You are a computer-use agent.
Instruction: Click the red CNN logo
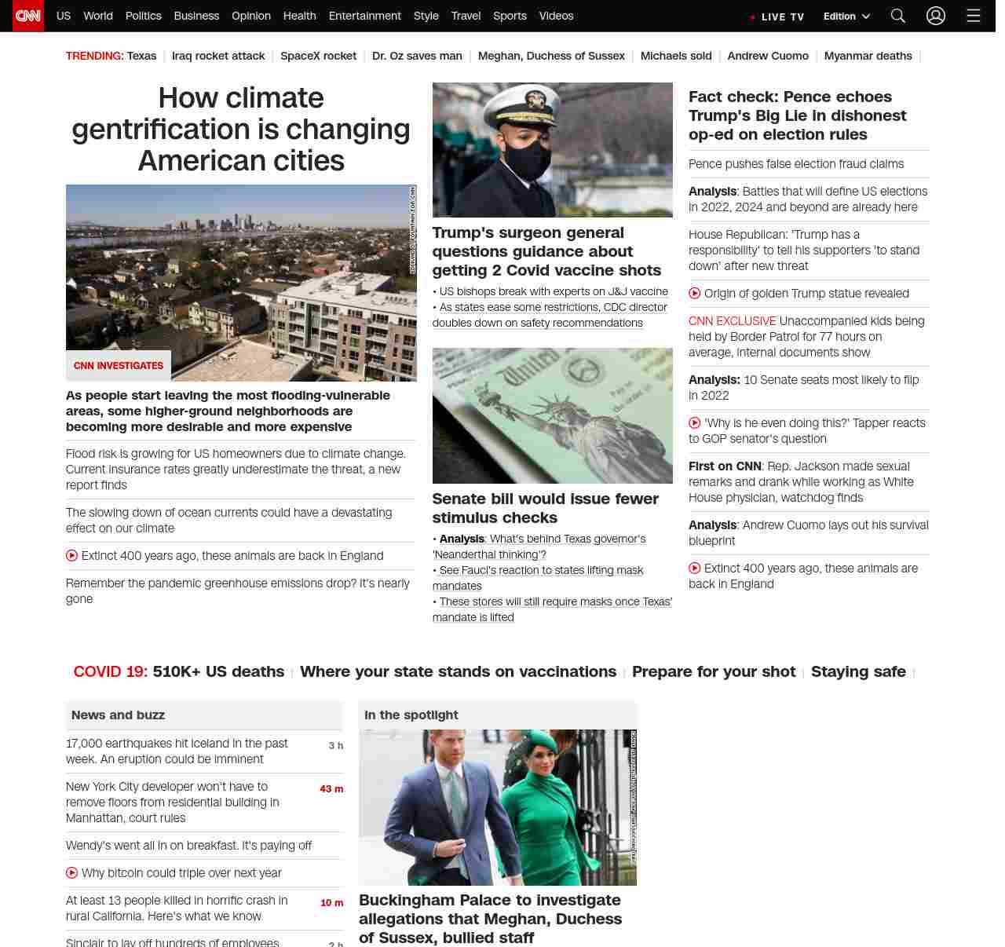tap(28, 16)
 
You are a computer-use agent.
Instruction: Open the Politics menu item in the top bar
tap(143, 16)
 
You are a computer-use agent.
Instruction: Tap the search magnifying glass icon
tap(898, 16)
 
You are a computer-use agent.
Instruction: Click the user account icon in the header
tap(935, 16)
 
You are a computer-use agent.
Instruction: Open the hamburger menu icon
tap(974, 16)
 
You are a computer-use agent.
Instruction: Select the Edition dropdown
tap(846, 16)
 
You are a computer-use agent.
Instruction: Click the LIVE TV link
tap(778, 16)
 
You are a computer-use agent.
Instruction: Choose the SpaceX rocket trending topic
tap(318, 56)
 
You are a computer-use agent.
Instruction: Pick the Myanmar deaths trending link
tap(868, 56)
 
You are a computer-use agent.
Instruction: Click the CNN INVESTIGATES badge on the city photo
tap(119, 366)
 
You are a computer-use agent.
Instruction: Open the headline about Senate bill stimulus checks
tap(545, 508)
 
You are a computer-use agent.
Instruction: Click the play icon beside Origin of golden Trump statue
tap(695, 293)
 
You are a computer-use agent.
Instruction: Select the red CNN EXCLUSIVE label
tap(732, 321)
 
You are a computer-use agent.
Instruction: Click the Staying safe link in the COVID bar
tap(858, 671)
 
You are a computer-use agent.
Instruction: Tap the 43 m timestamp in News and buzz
tap(331, 788)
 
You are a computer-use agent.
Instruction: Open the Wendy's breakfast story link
tap(188, 846)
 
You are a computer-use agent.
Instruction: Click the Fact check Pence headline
tap(797, 115)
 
